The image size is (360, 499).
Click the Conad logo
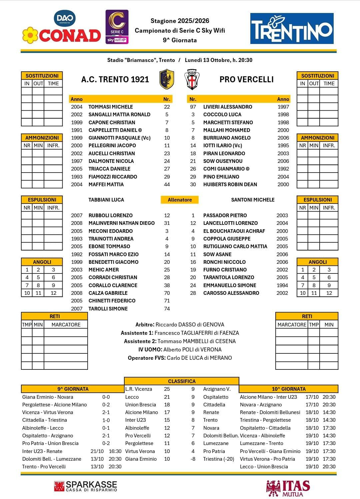click(x=62, y=35)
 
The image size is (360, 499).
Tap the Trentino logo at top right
click(x=292, y=29)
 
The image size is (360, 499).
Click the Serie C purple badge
click(x=117, y=27)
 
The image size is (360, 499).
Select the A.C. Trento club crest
click(x=167, y=79)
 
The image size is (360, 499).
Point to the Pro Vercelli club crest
click(x=192, y=79)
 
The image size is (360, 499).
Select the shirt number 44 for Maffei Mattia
click(x=167, y=185)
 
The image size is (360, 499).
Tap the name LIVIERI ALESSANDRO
click(x=228, y=107)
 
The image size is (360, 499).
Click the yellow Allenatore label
click(x=180, y=200)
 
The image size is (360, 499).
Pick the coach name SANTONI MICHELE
click(x=253, y=200)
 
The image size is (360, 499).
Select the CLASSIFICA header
click(x=182, y=381)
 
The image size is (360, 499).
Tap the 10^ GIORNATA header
click(x=289, y=389)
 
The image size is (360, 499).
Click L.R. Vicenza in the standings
click(x=139, y=389)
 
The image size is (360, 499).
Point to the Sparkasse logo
click(x=86, y=486)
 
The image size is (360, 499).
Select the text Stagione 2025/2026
click(x=180, y=21)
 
